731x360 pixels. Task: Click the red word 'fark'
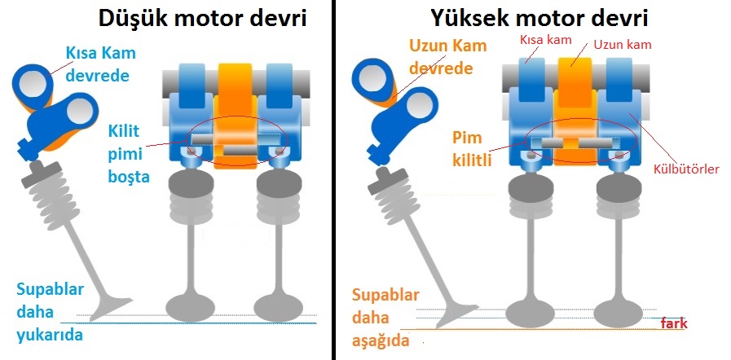coord(674,323)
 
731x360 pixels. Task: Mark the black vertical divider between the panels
coord(333,180)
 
